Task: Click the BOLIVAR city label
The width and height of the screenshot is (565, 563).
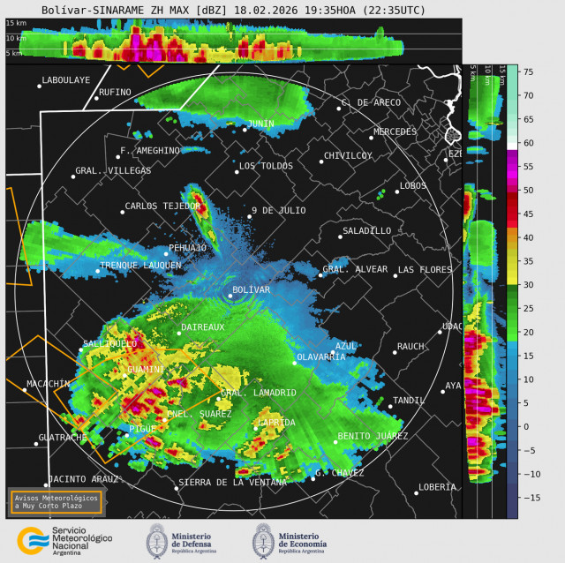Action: point(251,289)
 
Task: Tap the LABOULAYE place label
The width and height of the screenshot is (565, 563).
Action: point(65,80)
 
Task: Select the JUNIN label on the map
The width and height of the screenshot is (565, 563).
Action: point(260,124)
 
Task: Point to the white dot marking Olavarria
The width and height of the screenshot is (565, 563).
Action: point(295,363)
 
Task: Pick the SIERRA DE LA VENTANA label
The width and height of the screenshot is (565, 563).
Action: point(232,483)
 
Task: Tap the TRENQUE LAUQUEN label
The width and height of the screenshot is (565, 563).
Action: point(140,265)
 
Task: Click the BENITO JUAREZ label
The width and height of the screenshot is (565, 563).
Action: point(372,437)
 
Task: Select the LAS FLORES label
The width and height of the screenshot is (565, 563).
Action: point(424,270)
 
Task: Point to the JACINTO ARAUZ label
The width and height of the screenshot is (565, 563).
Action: point(83,479)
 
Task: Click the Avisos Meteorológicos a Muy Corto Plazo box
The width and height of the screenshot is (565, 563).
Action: point(55,501)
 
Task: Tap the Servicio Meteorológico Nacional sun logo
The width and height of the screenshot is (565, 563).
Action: point(33,540)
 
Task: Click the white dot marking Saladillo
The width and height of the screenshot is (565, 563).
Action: point(341,236)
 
